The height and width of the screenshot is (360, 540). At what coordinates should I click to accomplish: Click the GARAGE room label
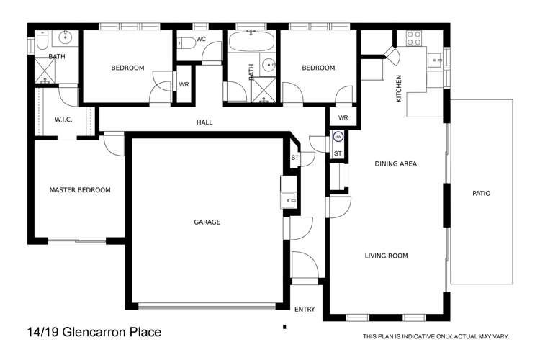(206, 222)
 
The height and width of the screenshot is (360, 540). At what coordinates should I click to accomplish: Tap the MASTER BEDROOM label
(80, 190)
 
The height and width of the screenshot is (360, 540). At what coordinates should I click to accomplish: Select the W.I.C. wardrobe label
(63, 120)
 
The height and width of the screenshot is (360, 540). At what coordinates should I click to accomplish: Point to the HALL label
(204, 122)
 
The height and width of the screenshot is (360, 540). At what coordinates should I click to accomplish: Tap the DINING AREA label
(395, 163)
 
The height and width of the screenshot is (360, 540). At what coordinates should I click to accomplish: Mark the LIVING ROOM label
(386, 256)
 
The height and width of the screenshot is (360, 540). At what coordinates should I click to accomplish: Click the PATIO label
(481, 193)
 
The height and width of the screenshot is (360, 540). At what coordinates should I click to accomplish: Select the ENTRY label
(305, 310)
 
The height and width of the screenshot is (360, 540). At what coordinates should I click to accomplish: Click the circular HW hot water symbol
(338, 136)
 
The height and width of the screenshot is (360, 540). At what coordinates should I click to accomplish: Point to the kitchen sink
(434, 61)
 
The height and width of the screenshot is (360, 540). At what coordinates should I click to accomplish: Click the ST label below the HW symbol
(338, 153)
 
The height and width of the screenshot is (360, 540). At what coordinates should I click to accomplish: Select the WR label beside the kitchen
(343, 117)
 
